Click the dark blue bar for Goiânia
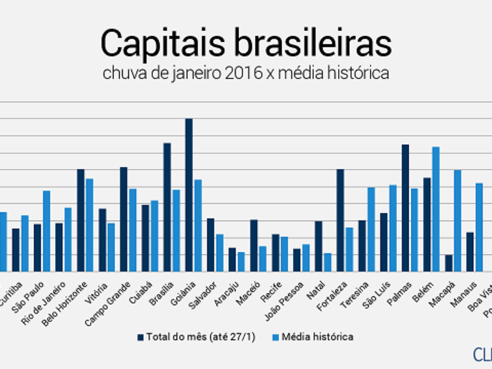pyautogui.click(x=189, y=195)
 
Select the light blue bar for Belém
pyautogui.click(x=436, y=209)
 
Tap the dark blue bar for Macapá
pyautogui.click(x=449, y=263)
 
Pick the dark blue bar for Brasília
pyautogui.click(x=167, y=207)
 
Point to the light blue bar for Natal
pyautogui.click(x=327, y=262)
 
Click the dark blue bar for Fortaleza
pyautogui.click(x=340, y=220)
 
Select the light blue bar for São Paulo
pyautogui.click(x=46, y=231)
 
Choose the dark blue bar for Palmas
pyautogui.click(x=405, y=208)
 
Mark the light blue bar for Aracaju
pyautogui.click(x=241, y=262)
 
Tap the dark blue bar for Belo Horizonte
pyautogui.click(x=81, y=220)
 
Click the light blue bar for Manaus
pyautogui.click(x=479, y=227)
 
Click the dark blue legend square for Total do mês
pyautogui.click(x=141, y=337)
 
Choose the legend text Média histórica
pyautogui.click(x=317, y=337)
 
